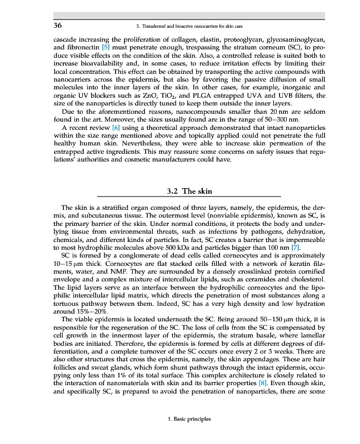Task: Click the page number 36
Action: coord(57,26)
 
